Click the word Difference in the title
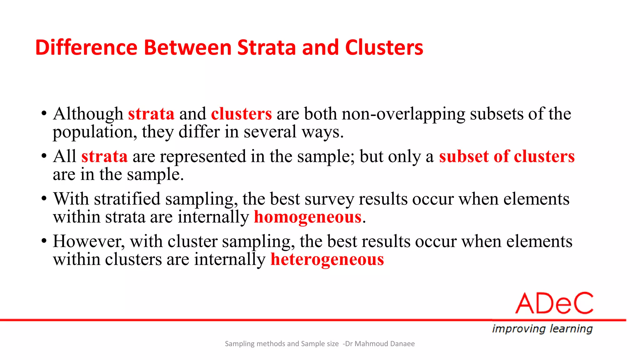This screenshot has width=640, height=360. pos(86,47)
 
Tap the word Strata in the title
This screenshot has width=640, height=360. pos(267,47)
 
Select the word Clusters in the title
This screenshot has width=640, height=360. pos(384,47)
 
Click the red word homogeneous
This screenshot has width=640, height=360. pos(307,217)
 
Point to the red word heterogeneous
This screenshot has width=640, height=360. pos(327,260)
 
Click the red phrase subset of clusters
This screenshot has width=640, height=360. pos(507,156)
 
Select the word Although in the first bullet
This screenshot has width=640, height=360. pos(88,114)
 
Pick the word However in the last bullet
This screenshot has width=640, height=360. pos(89,241)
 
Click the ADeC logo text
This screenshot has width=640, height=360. pos(554,303)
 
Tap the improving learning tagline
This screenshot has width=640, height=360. pos(542,329)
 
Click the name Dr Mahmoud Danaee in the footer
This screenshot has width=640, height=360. pos(380,344)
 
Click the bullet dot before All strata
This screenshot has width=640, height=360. pos(44,156)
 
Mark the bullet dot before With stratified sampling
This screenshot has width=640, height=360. pos(44,199)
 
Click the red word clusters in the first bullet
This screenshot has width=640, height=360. pos(241,114)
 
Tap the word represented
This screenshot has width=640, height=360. pos(203,156)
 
